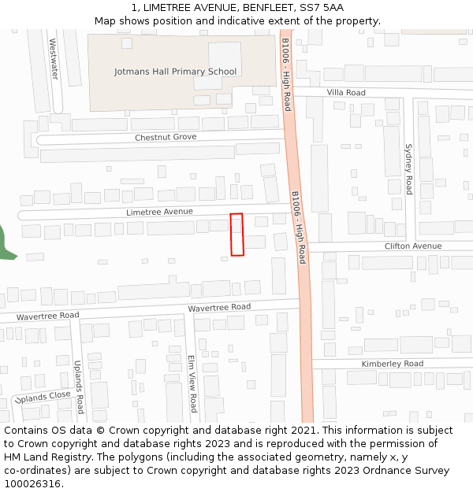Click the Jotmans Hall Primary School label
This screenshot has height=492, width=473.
[x=175, y=72]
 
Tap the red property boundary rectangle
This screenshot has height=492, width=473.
[x=236, y=235]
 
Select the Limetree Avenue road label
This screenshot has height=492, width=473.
[x=159, y=212]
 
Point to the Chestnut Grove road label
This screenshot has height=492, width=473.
[x=166, y=137]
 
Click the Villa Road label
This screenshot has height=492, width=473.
[x=346, y=93]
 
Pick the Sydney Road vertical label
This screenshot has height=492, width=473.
[x=408, y=168]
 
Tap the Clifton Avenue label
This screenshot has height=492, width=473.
[x=412, y=246]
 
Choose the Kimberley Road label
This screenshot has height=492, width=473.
[x=392, y=364]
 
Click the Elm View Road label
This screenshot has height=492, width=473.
[x=192, y=383]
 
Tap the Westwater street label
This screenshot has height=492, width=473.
[x=54, y=60]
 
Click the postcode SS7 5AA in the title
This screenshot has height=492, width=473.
[x=322, y=8]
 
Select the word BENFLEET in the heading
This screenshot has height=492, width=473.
[x=269, y=8]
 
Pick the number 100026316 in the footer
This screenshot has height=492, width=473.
[x=33, y=484]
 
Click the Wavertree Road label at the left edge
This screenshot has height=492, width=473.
[x=39, y=316]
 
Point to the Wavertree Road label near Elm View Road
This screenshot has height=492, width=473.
[x=219, y=307]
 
